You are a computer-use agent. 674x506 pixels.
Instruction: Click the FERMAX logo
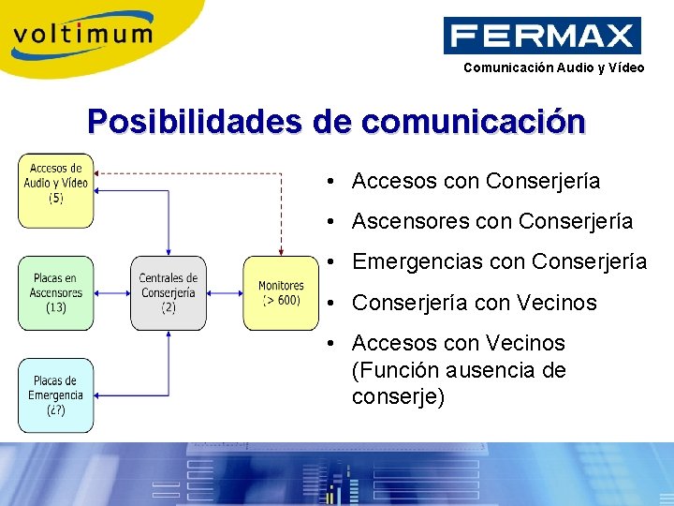542,37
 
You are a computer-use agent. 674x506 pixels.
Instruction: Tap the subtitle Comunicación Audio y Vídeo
554,67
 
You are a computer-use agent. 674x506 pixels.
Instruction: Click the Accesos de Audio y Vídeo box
56,190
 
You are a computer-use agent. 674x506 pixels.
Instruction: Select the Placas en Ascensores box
56,292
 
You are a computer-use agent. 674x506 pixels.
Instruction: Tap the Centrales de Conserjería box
168,292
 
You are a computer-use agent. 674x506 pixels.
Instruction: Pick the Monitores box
281,292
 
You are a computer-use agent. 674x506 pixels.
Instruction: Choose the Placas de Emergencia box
56,394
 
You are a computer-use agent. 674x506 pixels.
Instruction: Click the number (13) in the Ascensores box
56,307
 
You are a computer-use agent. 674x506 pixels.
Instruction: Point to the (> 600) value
281,300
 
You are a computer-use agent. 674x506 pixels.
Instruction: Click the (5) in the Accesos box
56,199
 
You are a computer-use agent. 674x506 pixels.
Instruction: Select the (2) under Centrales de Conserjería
168,307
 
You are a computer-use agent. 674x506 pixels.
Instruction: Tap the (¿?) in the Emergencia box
56,410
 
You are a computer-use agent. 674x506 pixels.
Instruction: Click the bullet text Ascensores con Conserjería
491,222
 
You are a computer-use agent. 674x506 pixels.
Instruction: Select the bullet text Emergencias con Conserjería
499,262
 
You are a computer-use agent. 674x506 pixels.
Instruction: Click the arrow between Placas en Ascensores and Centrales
112,292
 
